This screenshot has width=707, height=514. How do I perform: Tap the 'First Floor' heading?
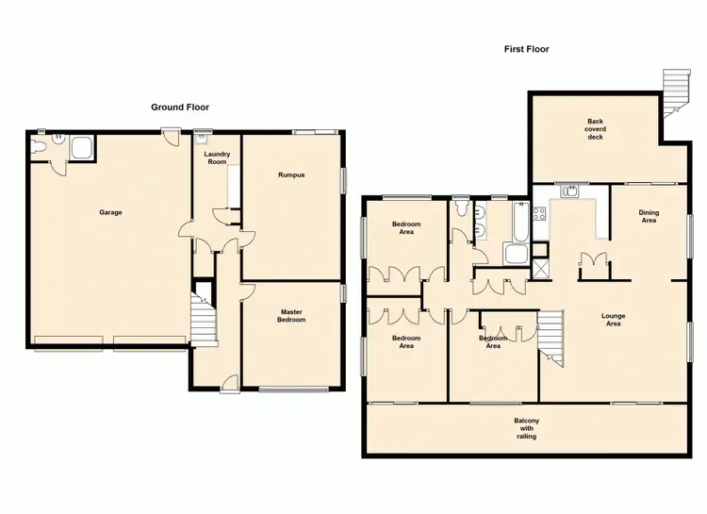527,49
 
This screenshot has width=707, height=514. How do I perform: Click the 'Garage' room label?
110,212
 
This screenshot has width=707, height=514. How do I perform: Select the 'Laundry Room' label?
217,157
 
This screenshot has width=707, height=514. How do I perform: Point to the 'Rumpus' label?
289,174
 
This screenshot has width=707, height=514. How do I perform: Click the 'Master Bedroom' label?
291,316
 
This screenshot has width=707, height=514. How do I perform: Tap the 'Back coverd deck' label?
594,129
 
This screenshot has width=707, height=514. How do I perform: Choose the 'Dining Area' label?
649,216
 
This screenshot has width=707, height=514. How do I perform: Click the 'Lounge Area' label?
613,320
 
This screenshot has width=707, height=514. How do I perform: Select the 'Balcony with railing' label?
527,429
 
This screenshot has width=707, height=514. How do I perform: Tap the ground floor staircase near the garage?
205,321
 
